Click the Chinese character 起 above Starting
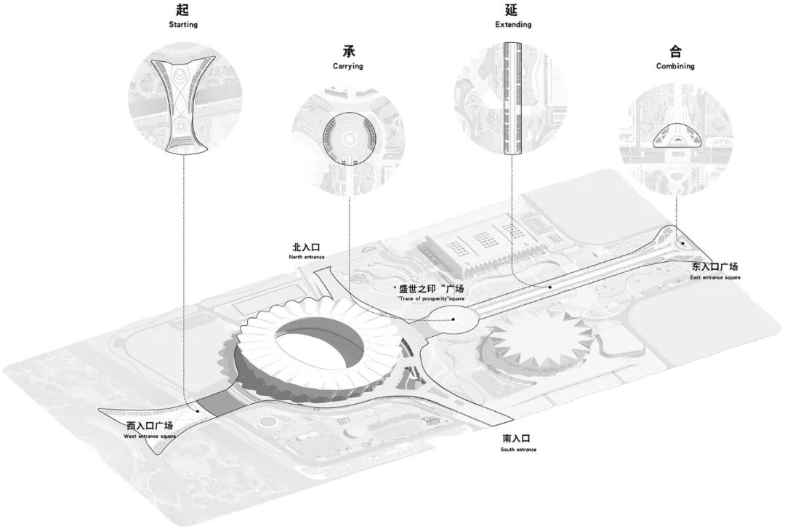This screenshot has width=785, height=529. (182, 10)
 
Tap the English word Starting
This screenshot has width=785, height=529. (183, 25)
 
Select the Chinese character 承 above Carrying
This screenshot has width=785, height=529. (347, 52)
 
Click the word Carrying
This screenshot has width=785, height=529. (347, 66)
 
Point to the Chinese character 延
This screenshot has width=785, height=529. (513, 10)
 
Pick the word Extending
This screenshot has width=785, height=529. (513, 25)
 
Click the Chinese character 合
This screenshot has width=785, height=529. (675, 52)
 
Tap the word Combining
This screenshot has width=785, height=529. (675, 66)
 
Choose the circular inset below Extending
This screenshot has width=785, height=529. (513, 98)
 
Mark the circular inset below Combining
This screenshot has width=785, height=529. (675, 138)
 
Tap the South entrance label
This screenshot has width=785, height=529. (518, 442)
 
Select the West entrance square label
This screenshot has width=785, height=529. (150, 429)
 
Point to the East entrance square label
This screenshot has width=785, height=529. (715, 271)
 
